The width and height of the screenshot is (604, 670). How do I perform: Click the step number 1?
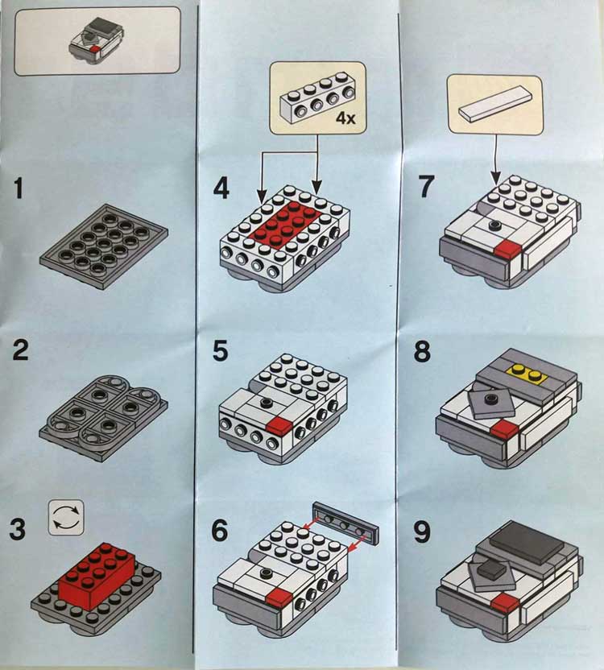18,188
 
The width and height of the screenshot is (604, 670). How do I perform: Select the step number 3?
18,528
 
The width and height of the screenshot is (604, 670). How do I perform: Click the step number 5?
221,351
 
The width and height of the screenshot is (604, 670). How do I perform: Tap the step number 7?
426,186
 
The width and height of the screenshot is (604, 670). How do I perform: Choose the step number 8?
422,352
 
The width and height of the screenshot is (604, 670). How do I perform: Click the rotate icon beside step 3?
66,518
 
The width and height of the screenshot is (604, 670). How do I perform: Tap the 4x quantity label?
345,118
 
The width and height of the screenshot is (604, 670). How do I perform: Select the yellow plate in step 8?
526,373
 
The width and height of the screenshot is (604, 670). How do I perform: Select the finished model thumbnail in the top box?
96,40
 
